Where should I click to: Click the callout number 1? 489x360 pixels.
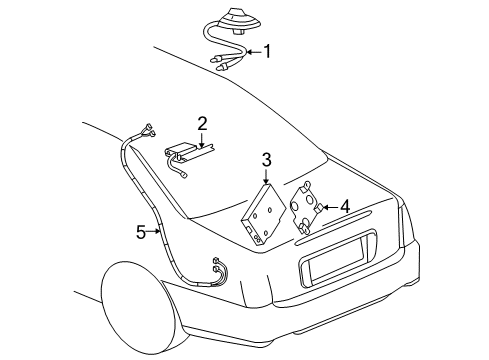point(266,51)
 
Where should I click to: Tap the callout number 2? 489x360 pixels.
point(202,123)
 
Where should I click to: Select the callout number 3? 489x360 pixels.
point(267,159)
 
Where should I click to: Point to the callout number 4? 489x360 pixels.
point(344,207)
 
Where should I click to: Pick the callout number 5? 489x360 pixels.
point(141,232)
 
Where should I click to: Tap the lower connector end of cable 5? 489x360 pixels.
point(217,267)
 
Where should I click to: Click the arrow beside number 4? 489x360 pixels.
point(327,207)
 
